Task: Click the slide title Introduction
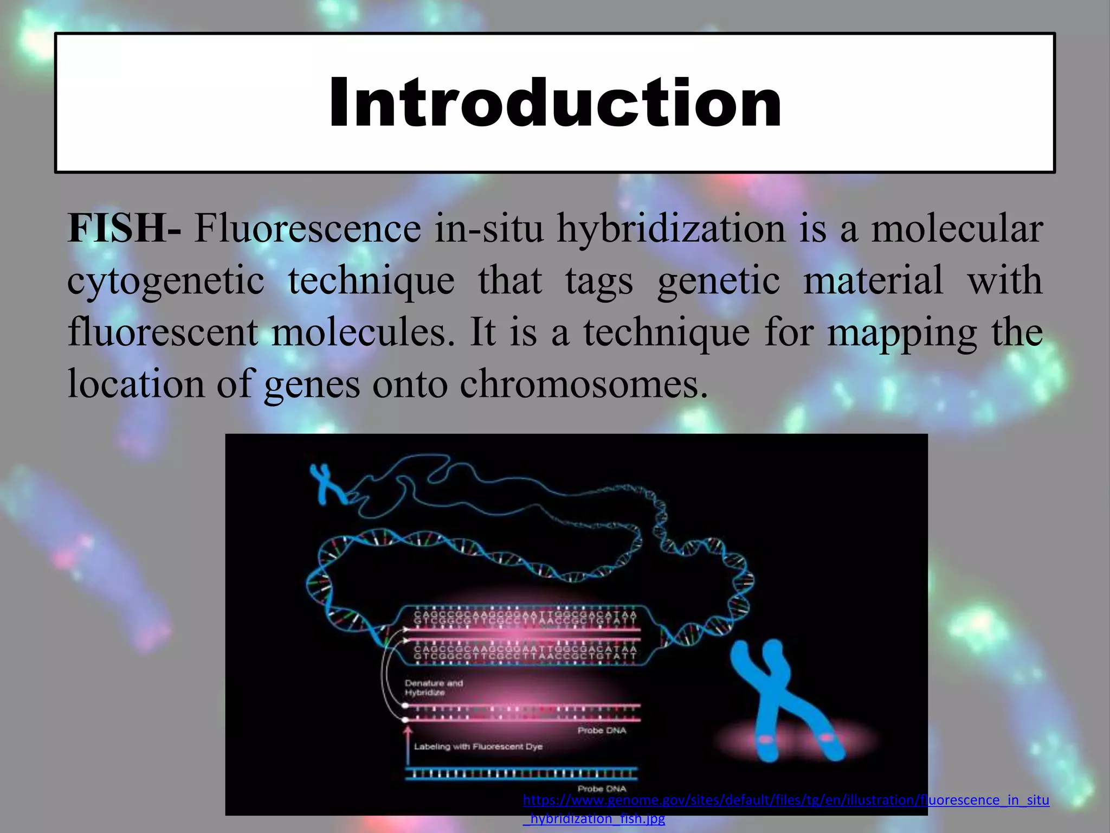(x=555, y=103)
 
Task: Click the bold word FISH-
(x=124, y=228)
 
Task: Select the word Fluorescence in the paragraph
(x=307, y=228)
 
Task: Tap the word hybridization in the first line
(x=671, y=228)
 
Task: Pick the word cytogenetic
(x=166, y=281)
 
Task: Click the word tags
(x=599, y=281)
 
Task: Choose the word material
(x=873, y=280)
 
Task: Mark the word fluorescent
(x=162, y=332)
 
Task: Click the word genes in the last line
(x=312, y=384)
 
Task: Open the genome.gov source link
(x=786, y=800)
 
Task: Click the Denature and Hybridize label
(x=434, y=688)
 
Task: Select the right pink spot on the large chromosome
(x=827, y=738)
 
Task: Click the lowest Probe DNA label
(x=602, y=789)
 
